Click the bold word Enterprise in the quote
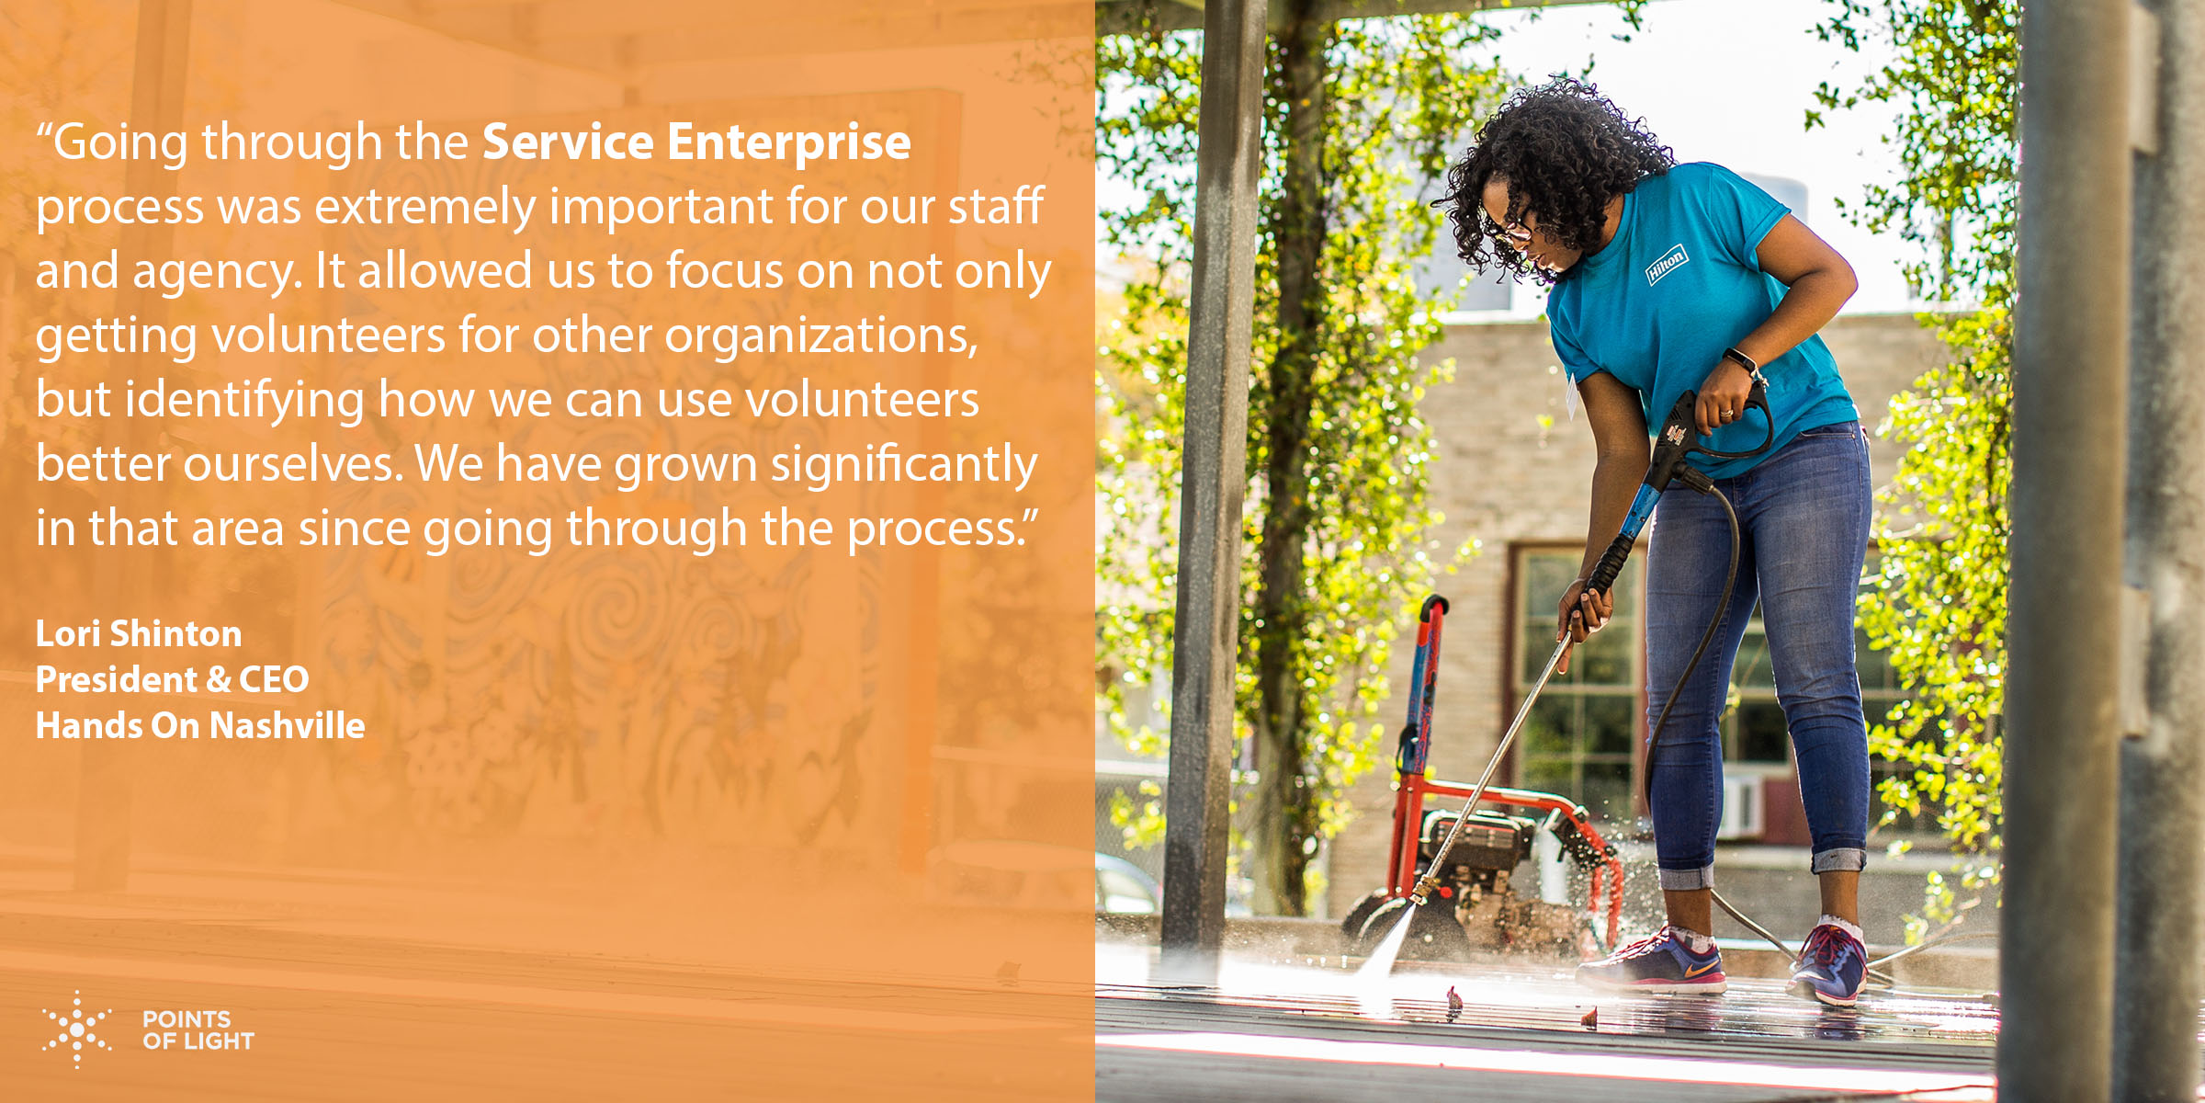point(789,142)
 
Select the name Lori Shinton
point(139,633)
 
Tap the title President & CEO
point(172,679)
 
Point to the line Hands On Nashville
point(200,725)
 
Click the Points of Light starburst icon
point(77,1029)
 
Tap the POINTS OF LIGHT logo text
point(198,1030)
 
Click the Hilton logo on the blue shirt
point(1666,264)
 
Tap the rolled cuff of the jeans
point(1837,861)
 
